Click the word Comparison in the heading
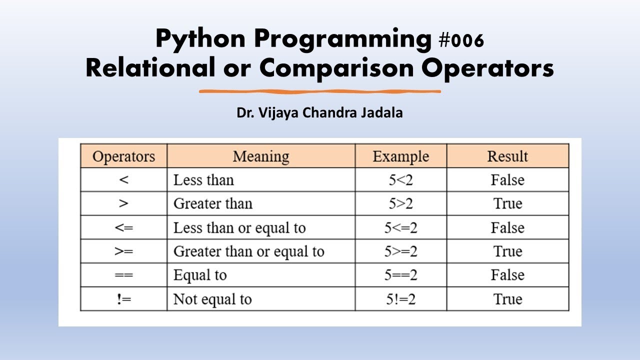(x=336, y=69)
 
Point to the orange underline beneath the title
(x=320, y=91)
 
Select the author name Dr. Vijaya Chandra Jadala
(x=319, y=113)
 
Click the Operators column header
(x=123, y=156)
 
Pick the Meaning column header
(x=260, y=156)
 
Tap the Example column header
(x=400, y=156)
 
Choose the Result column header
(x=507, y=156)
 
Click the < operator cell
(x=123, y=180)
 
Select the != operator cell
(x=123, y=299)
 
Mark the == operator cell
(x=123, y=275)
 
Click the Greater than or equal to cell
(x=248, y=251)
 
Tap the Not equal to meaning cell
(x=212, y=299)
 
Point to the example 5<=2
(x=400, y=228)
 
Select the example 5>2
(x=400, y=204)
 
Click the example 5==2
(x=400, y=275)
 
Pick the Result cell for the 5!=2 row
(x=507, y=299)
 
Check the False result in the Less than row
(x=507, y=180)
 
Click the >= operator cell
(x=123, y=251)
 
